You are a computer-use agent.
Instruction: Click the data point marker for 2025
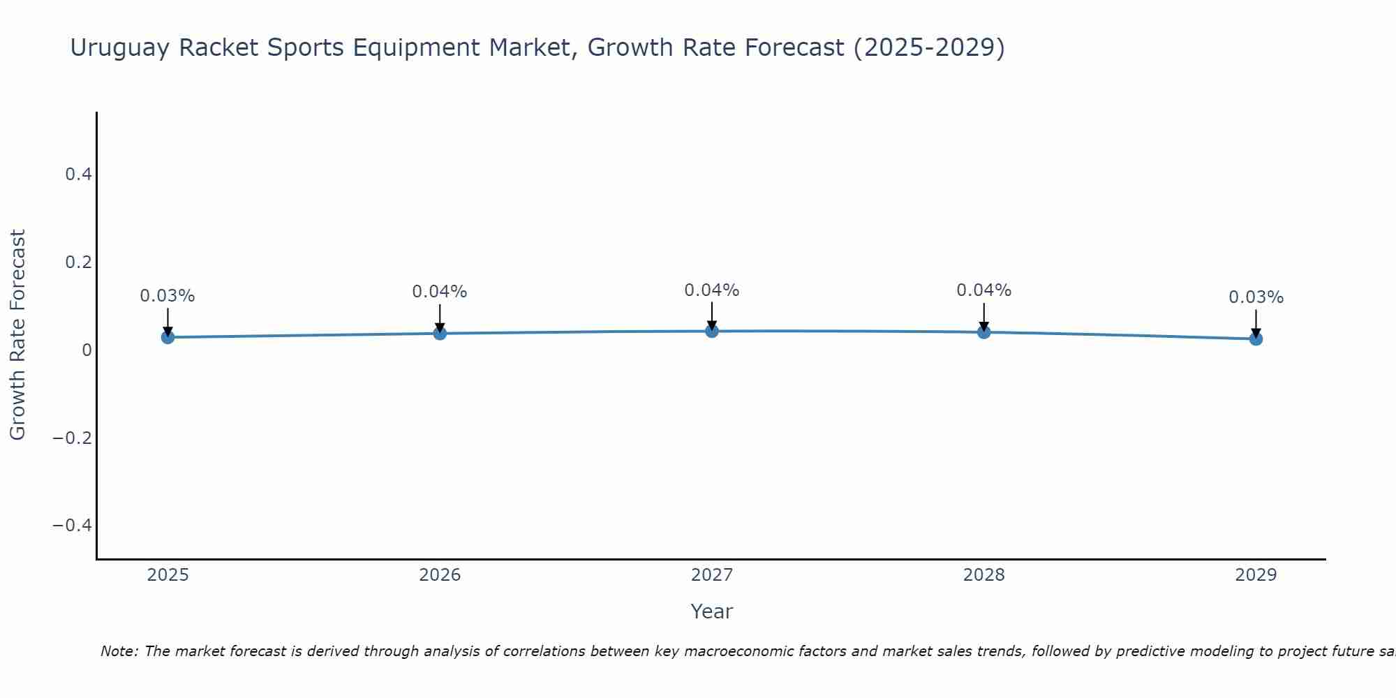coord(168,337)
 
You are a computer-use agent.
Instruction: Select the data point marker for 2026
coord(440,333)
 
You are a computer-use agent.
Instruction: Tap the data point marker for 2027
coord(712,331)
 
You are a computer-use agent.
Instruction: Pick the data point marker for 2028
coord(983,332)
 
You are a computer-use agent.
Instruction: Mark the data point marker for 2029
coord(1256,339)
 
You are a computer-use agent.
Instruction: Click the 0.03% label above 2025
coord(168,296)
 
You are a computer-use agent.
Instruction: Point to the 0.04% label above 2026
coord(440,292)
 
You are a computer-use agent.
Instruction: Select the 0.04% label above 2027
coord(712,290)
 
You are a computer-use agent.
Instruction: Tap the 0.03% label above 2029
coord(1256,297)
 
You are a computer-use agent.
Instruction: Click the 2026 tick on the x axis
coord(440,575)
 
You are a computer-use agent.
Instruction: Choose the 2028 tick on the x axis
coord(983,575)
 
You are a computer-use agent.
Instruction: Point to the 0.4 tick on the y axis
coord(79,174)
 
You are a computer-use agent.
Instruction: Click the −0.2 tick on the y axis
coord(73,438)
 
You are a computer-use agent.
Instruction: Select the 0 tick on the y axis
coord(87,350)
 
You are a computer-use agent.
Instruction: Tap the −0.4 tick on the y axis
coord(73,525)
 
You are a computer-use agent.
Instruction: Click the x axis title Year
coord(711,611)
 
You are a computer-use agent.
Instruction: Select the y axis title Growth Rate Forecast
coord(17,335)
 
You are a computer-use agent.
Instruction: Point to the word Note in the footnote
coord(119,651)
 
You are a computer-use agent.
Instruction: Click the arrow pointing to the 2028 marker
coord(983,316)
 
